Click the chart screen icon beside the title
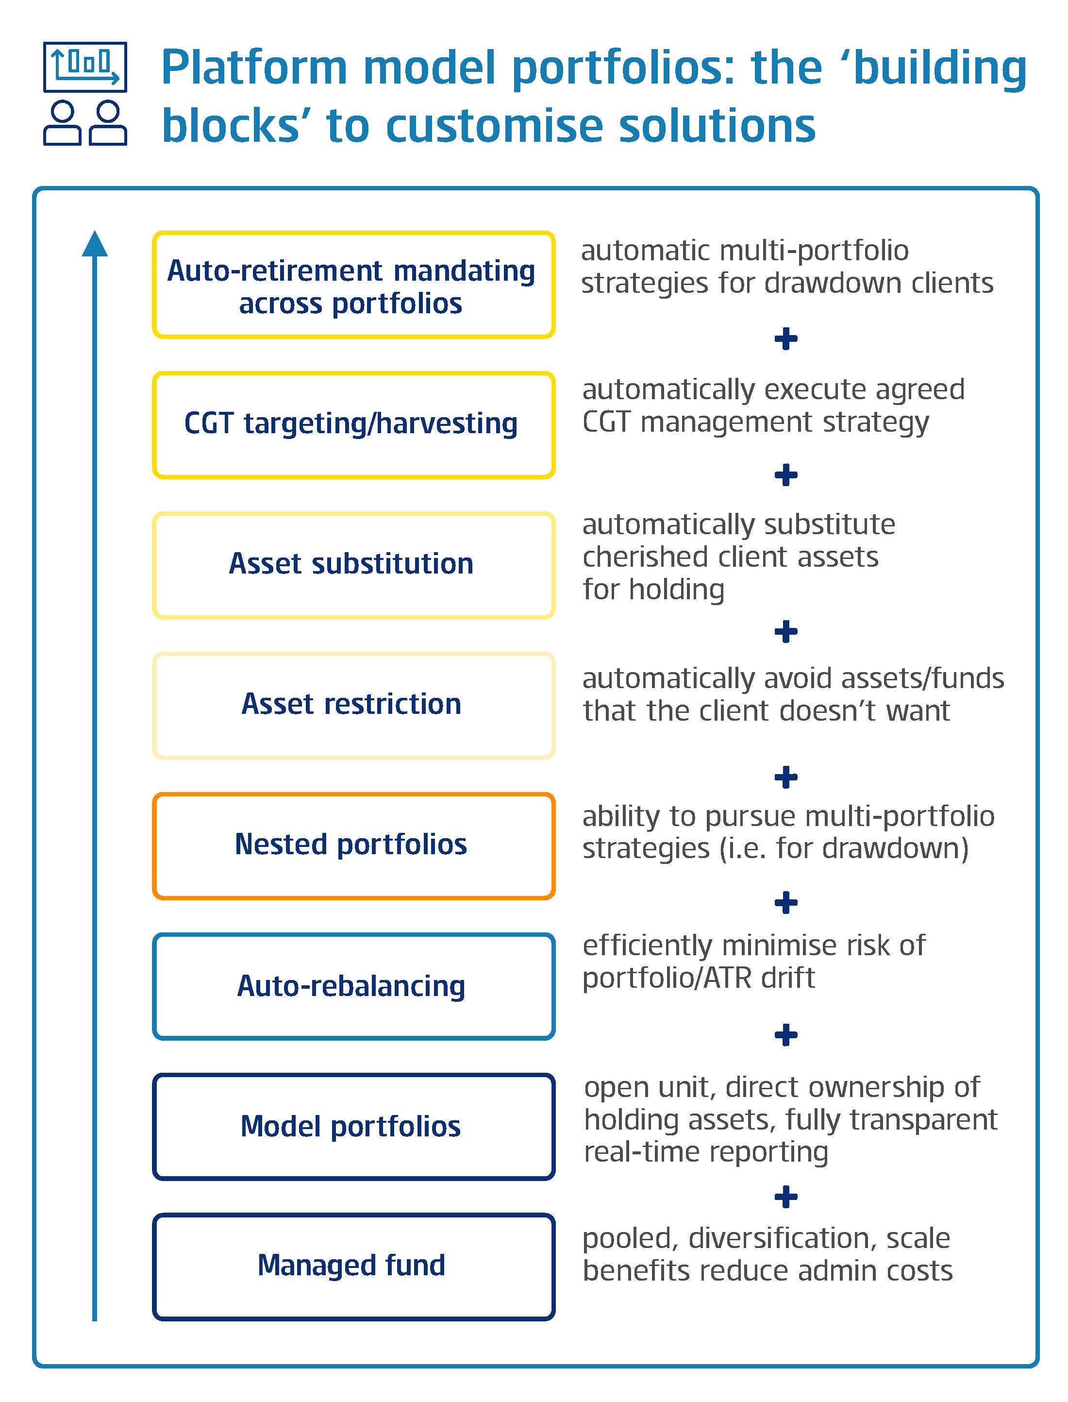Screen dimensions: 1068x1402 click(x=85, y=67)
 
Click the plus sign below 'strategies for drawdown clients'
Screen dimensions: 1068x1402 click(x=786, y=338)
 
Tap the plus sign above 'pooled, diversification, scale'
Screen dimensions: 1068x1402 click(x=786, y=1197)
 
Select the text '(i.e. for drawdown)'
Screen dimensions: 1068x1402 click(x=844, y=848)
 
